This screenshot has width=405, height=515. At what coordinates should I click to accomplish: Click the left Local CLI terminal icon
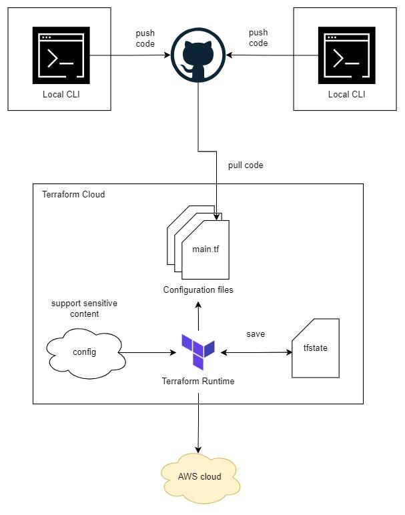click(61, 55)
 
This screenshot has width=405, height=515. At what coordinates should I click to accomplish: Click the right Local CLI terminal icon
click(346, 55)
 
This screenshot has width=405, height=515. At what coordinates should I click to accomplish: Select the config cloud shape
click(85, 352)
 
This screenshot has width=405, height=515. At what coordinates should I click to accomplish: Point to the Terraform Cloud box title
click(73, 195)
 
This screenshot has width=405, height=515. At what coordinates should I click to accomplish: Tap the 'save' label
click(256, 333)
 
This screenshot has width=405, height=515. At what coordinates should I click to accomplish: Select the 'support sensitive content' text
click(84, 308)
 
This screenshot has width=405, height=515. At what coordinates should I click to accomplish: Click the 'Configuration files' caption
click(198, 290)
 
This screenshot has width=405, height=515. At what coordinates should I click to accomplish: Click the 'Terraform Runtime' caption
click(198, 381)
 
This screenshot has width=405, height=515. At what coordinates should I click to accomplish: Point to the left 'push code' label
click(145, 38)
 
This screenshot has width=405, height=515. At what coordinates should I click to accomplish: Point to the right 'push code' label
click(258, 38)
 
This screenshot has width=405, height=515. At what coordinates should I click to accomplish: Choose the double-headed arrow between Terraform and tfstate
click(256, 352)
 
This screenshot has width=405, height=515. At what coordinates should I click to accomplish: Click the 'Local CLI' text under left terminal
click(61, 94)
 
